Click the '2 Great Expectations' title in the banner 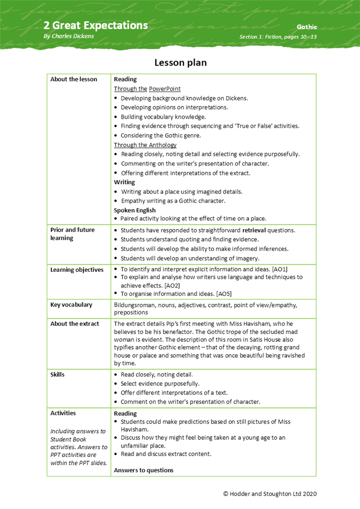[x=96, y=25]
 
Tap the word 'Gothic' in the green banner [x=307, y=26]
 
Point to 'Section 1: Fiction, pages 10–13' [x=278, y=37]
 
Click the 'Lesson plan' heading [x=180, y=63]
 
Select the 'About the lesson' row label [x=73, y=79]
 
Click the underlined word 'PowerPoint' [x=165, y=89]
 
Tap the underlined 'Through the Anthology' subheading [x=145, y=145]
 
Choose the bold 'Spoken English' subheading [x=134, y=210]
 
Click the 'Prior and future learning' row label [x=72, y=234]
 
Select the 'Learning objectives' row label [x=77, y=270]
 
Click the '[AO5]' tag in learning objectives [x=225, y=294]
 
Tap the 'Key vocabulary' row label [x=71, y=305]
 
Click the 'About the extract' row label [x=74, y=324]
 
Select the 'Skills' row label [x=58, y=375]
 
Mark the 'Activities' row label [x=63, y=413]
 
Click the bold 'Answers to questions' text [x=144, y=470]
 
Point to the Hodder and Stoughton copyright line [x=270, y=494]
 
